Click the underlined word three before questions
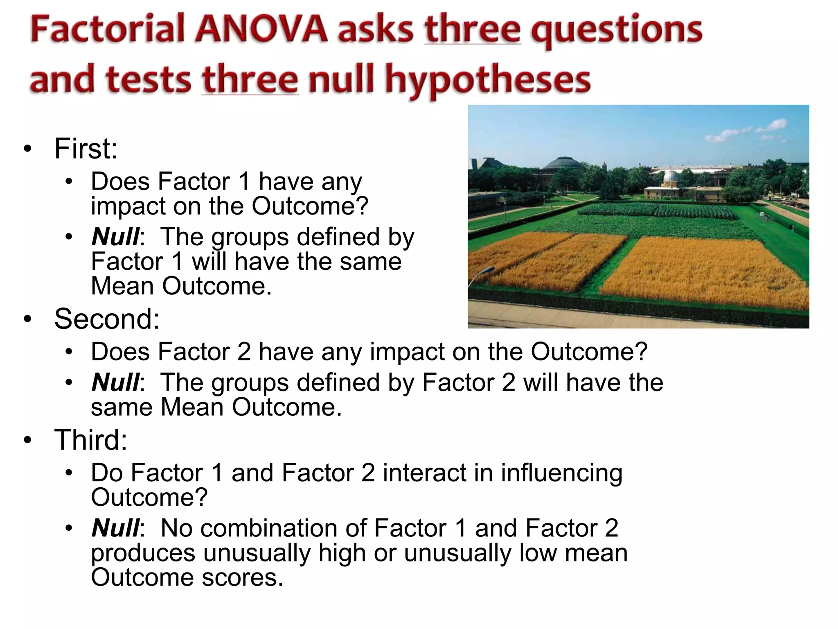pyautogui.click(x=473, y=29)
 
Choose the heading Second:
pyautogui.click(x=107, y=319)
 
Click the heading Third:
pyautogui.click(x=90, y=440)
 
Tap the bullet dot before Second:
pyautogui.click(x=27, y=319)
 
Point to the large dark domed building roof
pyautogui.click(x=564, y=163)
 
